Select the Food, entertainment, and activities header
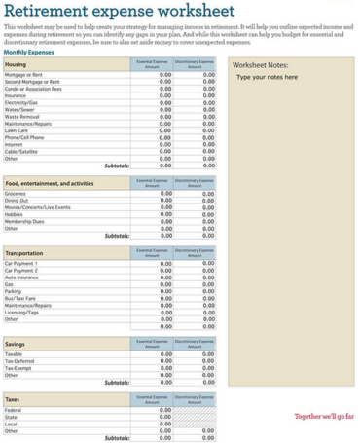(x=50, y=183)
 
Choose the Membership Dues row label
(x=25, y=221)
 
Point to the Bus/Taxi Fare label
(x=21, y=297)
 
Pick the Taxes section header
(x=13, y=400)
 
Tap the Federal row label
(x=14, y=411)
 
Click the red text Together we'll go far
(x=324, y=416)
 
